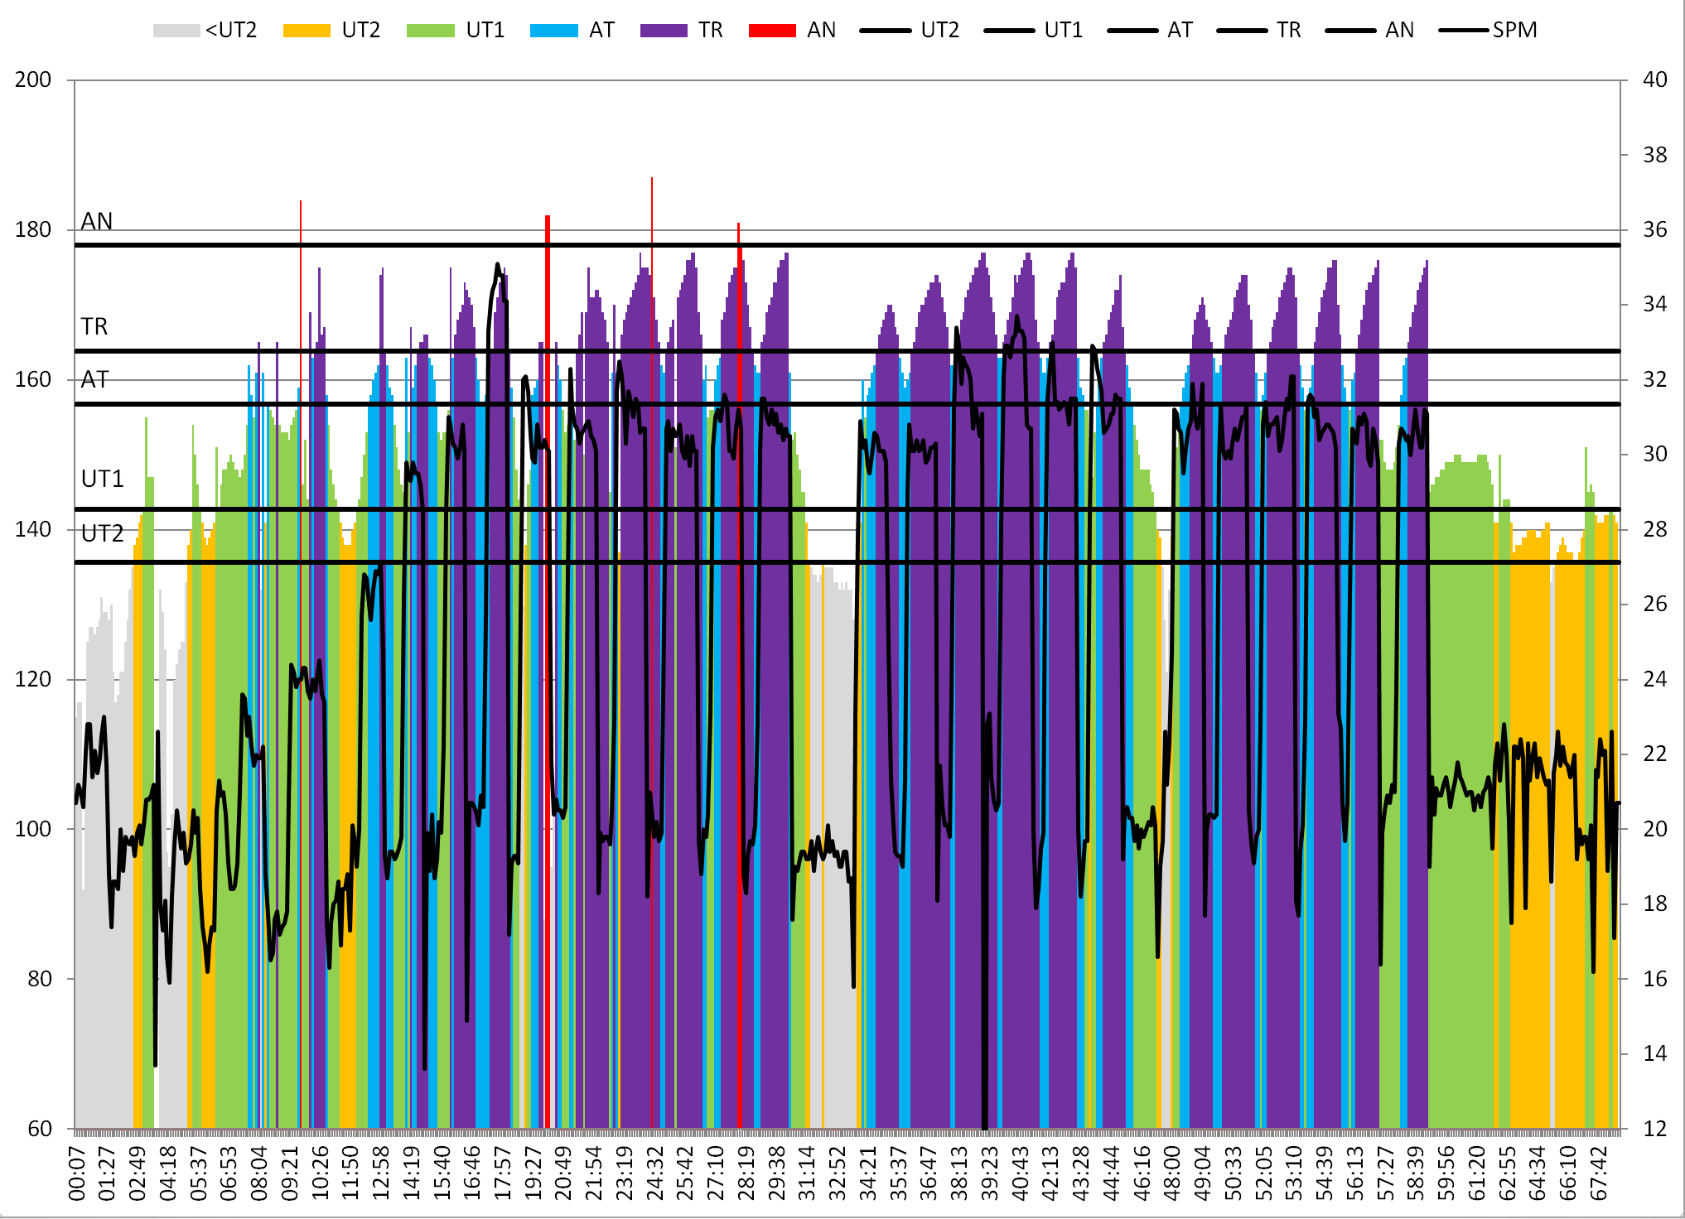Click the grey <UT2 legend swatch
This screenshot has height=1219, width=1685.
pyautogui.click(x=176, y=31)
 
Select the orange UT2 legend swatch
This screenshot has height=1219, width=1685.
pyautogui.click(x=307, y=31)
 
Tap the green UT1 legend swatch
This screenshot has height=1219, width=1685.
pyautogui.click(x=431, y=31)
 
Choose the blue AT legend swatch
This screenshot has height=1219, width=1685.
pyautogui.click(x=553, y=31)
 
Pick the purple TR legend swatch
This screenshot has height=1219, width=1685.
pyautogui.click(x=664, y=31)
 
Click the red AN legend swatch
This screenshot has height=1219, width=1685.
pyautogui.click(x=772, y=31)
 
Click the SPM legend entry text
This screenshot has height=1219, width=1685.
pyautogui.click(x=1514, y=31)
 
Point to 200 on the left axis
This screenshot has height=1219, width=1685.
pyautogui.click(x=33, y=80)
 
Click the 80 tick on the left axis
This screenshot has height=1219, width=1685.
pyautogui.click(x=40, y=979)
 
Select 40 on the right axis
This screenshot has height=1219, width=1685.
pyautogui.click(x=1654, y=80)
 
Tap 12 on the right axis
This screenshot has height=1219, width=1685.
pyautogui.click(x=1654, y=1129)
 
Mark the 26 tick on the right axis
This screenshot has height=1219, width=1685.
pyautogui.click(x=1654, y=605)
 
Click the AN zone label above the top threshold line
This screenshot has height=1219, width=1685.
pyautogui.click(x=97, y=221)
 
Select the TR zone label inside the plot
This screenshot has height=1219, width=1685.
pyautogui.click(x=94, y=326)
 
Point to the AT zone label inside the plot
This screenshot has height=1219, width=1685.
pyautogui.click(x=94, y=379)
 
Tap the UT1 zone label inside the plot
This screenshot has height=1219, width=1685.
pyautogui.click(x=102, y=479)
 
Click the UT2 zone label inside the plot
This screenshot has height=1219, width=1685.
pyautogui.click(x=102, y=532)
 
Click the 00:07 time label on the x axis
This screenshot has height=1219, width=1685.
pyautogui.click(x=77, y=1172)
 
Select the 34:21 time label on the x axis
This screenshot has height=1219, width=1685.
pyautogui.click(x=868, y=1172)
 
